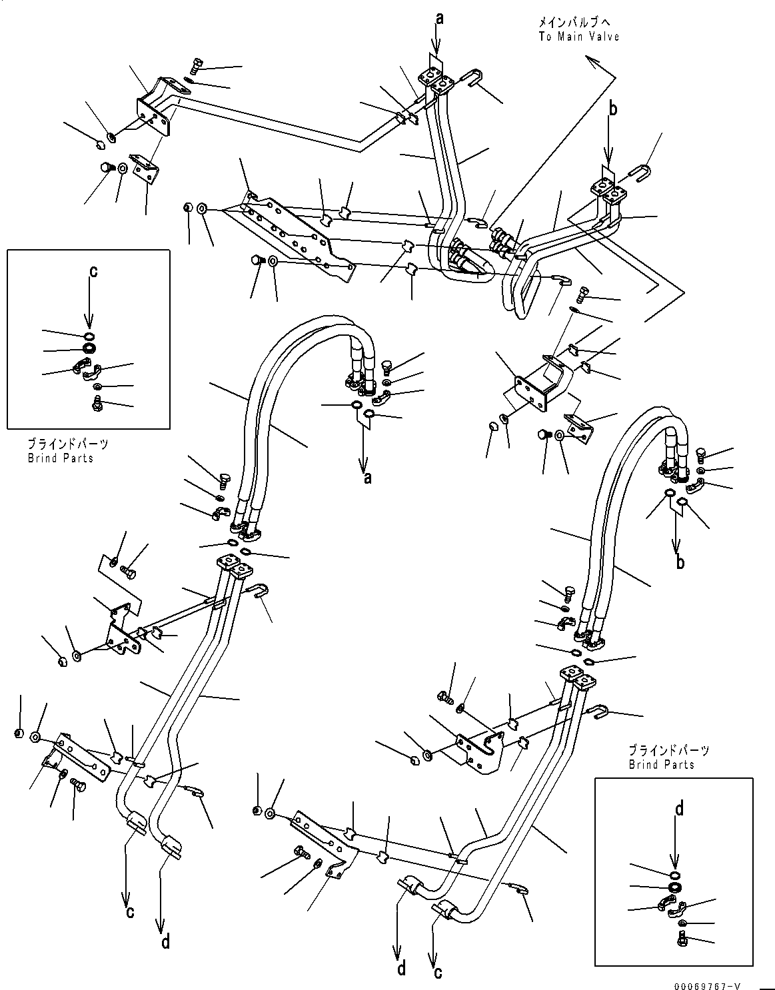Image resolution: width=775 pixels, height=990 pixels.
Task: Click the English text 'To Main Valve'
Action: (x=579, y=37)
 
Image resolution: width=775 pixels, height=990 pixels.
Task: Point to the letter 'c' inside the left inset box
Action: (x=93, y=272)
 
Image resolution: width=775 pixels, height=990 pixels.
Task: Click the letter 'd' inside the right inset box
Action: (x=679, y=808)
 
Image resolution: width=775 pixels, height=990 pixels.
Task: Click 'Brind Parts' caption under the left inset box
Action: (x=61, y=458)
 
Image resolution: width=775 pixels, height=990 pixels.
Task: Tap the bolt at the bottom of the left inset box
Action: (x=97, y=402)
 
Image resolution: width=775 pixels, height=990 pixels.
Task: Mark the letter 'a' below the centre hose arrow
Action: (x=368, y=478)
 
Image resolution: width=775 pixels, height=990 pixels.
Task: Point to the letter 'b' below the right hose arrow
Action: (x=680, y=562)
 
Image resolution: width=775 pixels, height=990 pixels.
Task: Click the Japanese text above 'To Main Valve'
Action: (x=574, y=23)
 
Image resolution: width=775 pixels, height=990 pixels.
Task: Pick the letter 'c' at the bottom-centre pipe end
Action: (x=438, y=973)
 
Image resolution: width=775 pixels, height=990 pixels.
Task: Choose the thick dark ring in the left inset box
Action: (x=89, y=348)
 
